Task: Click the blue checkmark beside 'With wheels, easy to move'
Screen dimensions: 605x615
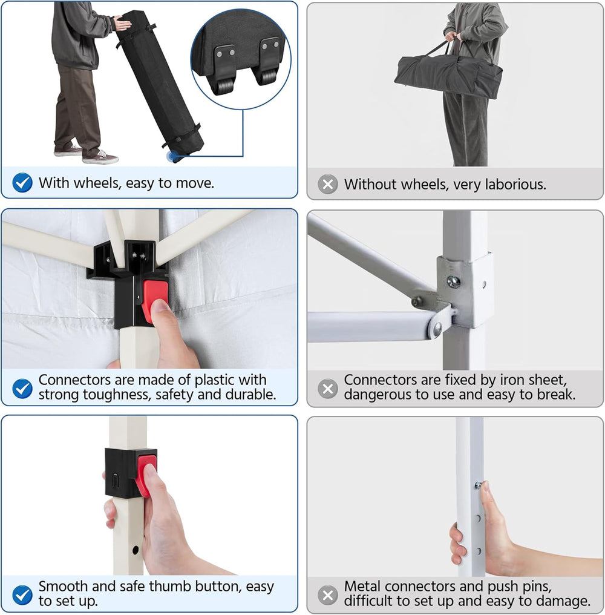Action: pos(22,183)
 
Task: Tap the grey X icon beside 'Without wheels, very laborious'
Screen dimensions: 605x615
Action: pos(328,184)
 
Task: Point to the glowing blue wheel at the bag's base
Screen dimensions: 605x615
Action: pos(172,157)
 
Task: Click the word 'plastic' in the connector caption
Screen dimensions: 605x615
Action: pos(215,380)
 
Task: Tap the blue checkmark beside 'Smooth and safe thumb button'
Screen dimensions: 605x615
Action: pos(22,594)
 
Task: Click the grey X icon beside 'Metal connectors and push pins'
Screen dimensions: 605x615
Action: pos(328,595)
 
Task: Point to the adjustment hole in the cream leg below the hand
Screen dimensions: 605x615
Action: pos(136,550)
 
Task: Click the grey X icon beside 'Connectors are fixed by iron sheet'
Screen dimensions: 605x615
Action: pos(328,389)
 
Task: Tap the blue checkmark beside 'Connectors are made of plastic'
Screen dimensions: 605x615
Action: pos(22,388)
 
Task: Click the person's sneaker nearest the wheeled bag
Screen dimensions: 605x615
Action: pos(100,157)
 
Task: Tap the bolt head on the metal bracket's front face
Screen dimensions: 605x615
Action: pos(454,281)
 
